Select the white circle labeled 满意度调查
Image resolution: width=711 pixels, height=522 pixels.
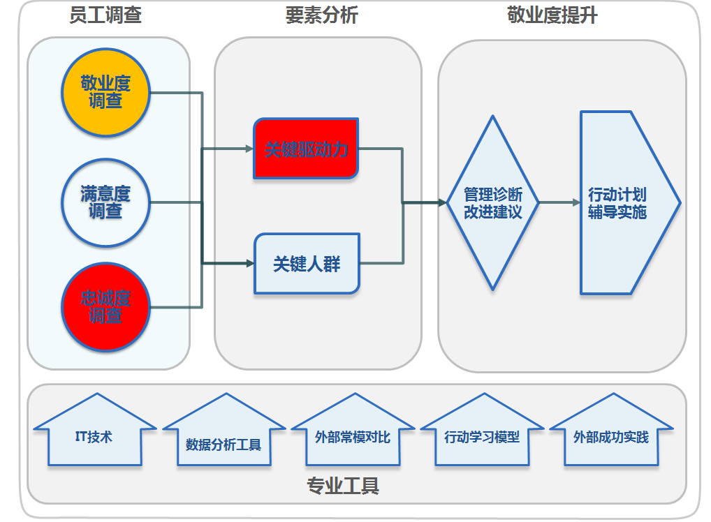[105, 202]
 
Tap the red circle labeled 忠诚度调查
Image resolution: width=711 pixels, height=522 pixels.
[105, 307]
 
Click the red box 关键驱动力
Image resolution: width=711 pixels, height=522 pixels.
[306, 149]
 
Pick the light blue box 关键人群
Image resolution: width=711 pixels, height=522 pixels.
[307, 264]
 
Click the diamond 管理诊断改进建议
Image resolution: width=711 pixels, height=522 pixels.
[493, 203]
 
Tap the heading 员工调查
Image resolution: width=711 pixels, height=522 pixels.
[105, 15]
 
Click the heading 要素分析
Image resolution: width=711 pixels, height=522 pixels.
[321, 15]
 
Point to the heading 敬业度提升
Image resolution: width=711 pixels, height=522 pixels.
[552, 15]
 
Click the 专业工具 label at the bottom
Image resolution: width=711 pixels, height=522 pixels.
[342, 486]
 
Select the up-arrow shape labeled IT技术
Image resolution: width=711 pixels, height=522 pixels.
[94, 436]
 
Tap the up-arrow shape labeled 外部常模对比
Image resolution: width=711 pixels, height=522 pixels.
[352, 437]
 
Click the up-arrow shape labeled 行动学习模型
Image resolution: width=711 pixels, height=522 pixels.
[482, 437]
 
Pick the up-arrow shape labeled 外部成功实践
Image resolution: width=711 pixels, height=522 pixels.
[610, 437]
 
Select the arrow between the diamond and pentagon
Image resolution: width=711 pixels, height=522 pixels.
[559, 203]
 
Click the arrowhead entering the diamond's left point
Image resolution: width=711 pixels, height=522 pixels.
[441, 203]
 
